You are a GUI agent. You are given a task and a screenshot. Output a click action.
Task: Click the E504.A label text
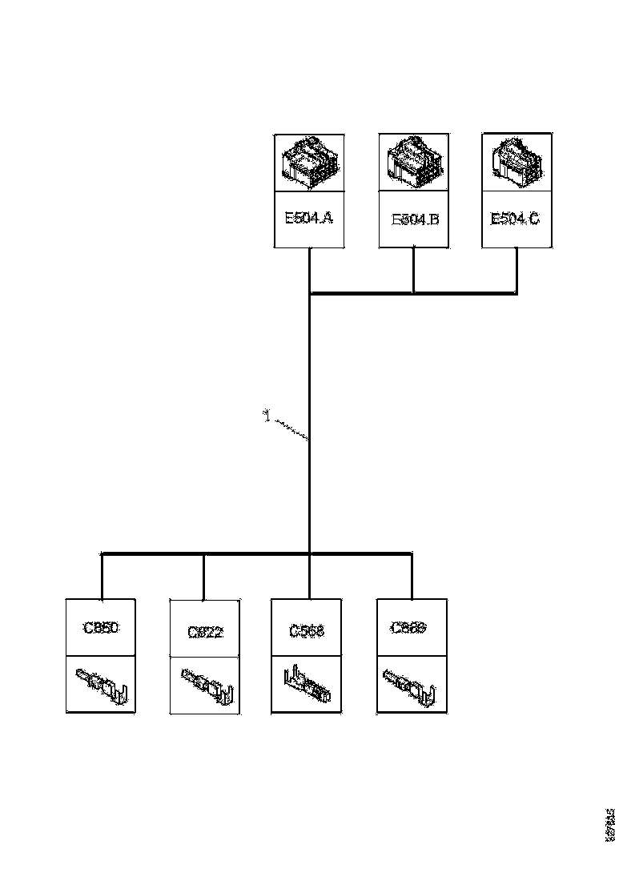pyautogui.click(x=309, y=218)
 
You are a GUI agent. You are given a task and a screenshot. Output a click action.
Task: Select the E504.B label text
pyautogui.click(x=414, y=219)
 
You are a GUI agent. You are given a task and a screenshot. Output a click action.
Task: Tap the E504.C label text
pyautogui.click(x=515, y=218)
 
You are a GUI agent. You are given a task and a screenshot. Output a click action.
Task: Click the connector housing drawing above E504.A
pyautogui.click(x=309, y=163)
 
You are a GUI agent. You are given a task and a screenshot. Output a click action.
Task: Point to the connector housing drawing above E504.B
pyautogui.click(x=414, y=163)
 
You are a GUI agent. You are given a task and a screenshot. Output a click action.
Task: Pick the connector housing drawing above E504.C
pyautogui.click(x=516, y=163)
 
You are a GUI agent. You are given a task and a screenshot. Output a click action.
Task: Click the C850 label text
pyautogui.click(x=101, y=628)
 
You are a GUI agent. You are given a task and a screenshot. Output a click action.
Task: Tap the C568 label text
pyautogui.click(x=307, y=631)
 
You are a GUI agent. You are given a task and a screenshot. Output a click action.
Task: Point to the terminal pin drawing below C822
pyautogui.click(x=207, y=685)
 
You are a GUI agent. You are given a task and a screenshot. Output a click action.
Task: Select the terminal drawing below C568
pyautogui.click(x=307, y=685)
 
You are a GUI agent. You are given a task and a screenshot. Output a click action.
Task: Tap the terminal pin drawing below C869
pyautogui.click(x=410, y=685)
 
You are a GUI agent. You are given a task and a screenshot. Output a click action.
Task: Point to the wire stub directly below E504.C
pyautogui.click(x=516, y=271)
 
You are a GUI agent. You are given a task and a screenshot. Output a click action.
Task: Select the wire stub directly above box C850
pyautogui.click(x=102, y=577)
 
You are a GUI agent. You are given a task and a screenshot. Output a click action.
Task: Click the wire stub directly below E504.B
pyautogui.click(x=413, y=271)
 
